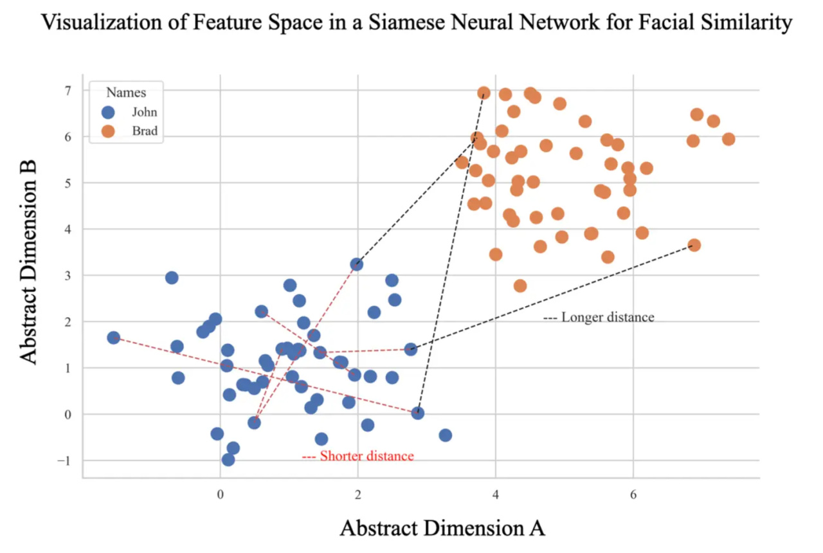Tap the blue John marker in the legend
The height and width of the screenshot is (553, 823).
tap(108, 113)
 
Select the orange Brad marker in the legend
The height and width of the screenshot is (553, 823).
tap(108, 132)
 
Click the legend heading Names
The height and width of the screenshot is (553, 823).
tap(126, 92)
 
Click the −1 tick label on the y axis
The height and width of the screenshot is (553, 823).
tap(62, 460)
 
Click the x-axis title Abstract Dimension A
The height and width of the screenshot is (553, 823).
tap(442, 528)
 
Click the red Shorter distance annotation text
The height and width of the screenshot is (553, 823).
tap(358, 457)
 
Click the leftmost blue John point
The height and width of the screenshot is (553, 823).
tap(114, 338)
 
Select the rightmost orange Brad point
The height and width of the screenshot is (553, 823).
tap(728, 139)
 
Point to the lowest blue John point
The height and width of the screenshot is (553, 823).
tap(228, 460)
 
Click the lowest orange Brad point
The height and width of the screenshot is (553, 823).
tap(520, 286)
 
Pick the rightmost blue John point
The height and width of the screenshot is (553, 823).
tap(445, 435)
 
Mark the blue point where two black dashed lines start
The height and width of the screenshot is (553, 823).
tap(417, 413)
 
